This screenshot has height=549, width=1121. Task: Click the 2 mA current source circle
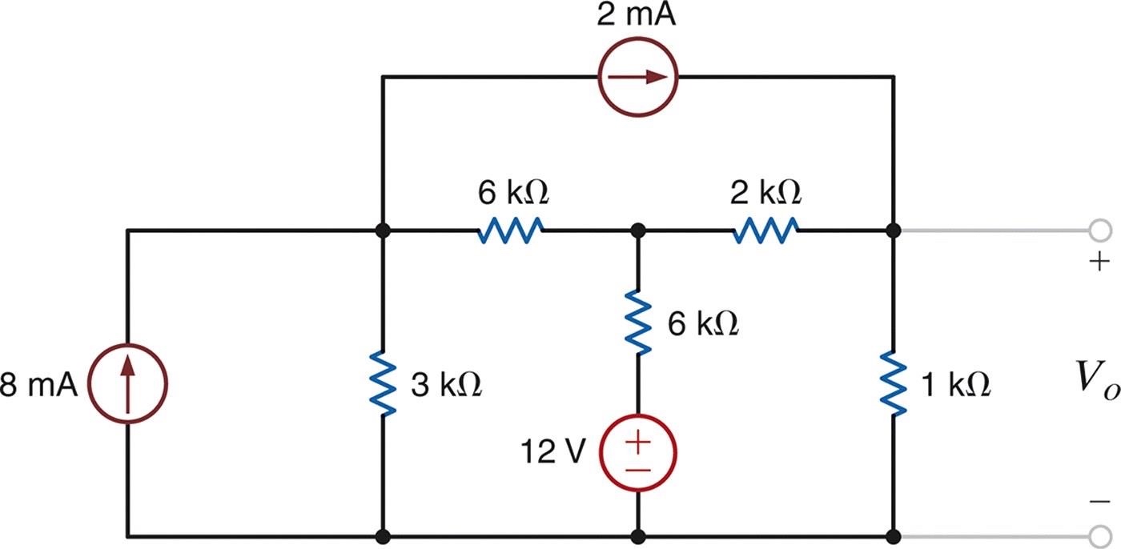(x=639, y=77)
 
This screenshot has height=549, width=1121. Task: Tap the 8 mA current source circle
(x=127, y=385)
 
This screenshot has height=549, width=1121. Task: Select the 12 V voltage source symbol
(x=638, y=454)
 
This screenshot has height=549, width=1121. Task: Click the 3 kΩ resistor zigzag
(x=384, y=387)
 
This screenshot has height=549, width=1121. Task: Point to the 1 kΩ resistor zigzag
(x=894, y=387)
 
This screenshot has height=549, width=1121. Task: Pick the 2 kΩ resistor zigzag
(x=765, y=230)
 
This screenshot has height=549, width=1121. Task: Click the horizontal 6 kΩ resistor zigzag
(x=511, y=230)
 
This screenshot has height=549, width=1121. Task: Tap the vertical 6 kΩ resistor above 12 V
(x=638, y=322)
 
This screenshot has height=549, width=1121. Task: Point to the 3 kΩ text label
(x=445, y=387)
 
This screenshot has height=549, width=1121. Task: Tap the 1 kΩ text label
(x=955, y=387)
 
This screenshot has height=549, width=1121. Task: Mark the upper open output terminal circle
(x=1099, y=230)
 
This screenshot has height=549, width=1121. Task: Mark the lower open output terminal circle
(x=1099, y=535)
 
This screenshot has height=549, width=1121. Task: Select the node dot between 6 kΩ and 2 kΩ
(x=638, y=230)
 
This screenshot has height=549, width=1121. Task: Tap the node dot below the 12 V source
(x=638, y=535)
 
